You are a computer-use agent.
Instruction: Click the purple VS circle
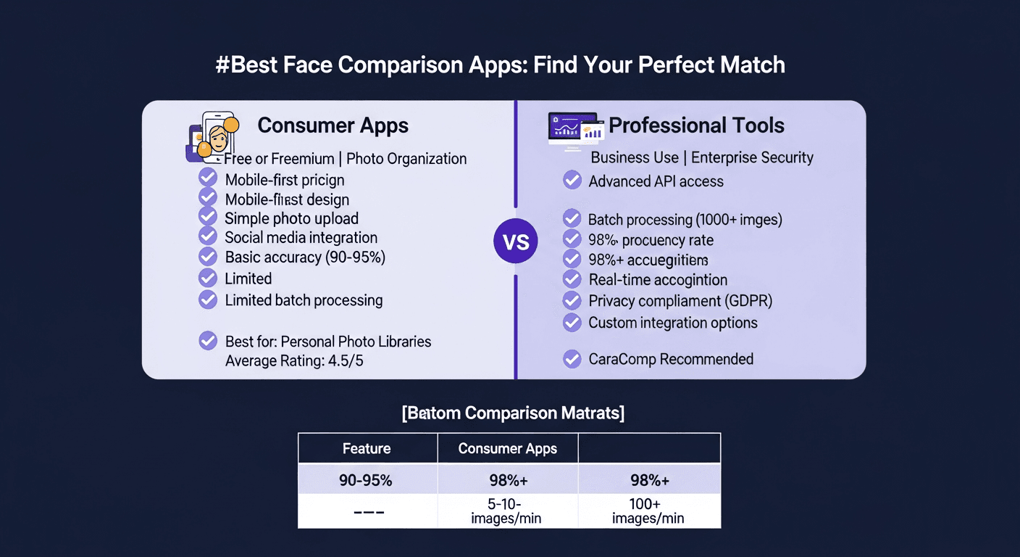pos(515,242)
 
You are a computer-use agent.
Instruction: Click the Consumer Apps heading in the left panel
pos(333,125)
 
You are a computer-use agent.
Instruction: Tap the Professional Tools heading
pos(696,125)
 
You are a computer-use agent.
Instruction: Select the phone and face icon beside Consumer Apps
pos(212,136)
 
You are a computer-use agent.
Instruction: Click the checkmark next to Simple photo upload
pos(208,218)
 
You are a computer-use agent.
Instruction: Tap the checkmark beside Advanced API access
pos(572,181)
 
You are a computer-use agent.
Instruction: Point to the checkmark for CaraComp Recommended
pos(572,358)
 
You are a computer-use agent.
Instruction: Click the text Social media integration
pos(301,237)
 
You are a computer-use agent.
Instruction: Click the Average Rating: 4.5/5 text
pos(294,360)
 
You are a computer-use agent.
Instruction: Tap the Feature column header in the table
pos(367,448)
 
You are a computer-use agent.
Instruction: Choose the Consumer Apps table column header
pos(507,448)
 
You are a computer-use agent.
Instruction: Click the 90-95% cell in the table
pos(367,480)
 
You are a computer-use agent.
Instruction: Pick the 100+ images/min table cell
pos(648,511)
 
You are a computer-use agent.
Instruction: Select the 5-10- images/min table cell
pos(507,511)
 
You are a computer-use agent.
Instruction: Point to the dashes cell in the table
pos(367,512)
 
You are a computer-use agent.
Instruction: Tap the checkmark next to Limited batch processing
pos(208,300)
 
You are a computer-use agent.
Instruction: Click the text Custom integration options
pos(673,323)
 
